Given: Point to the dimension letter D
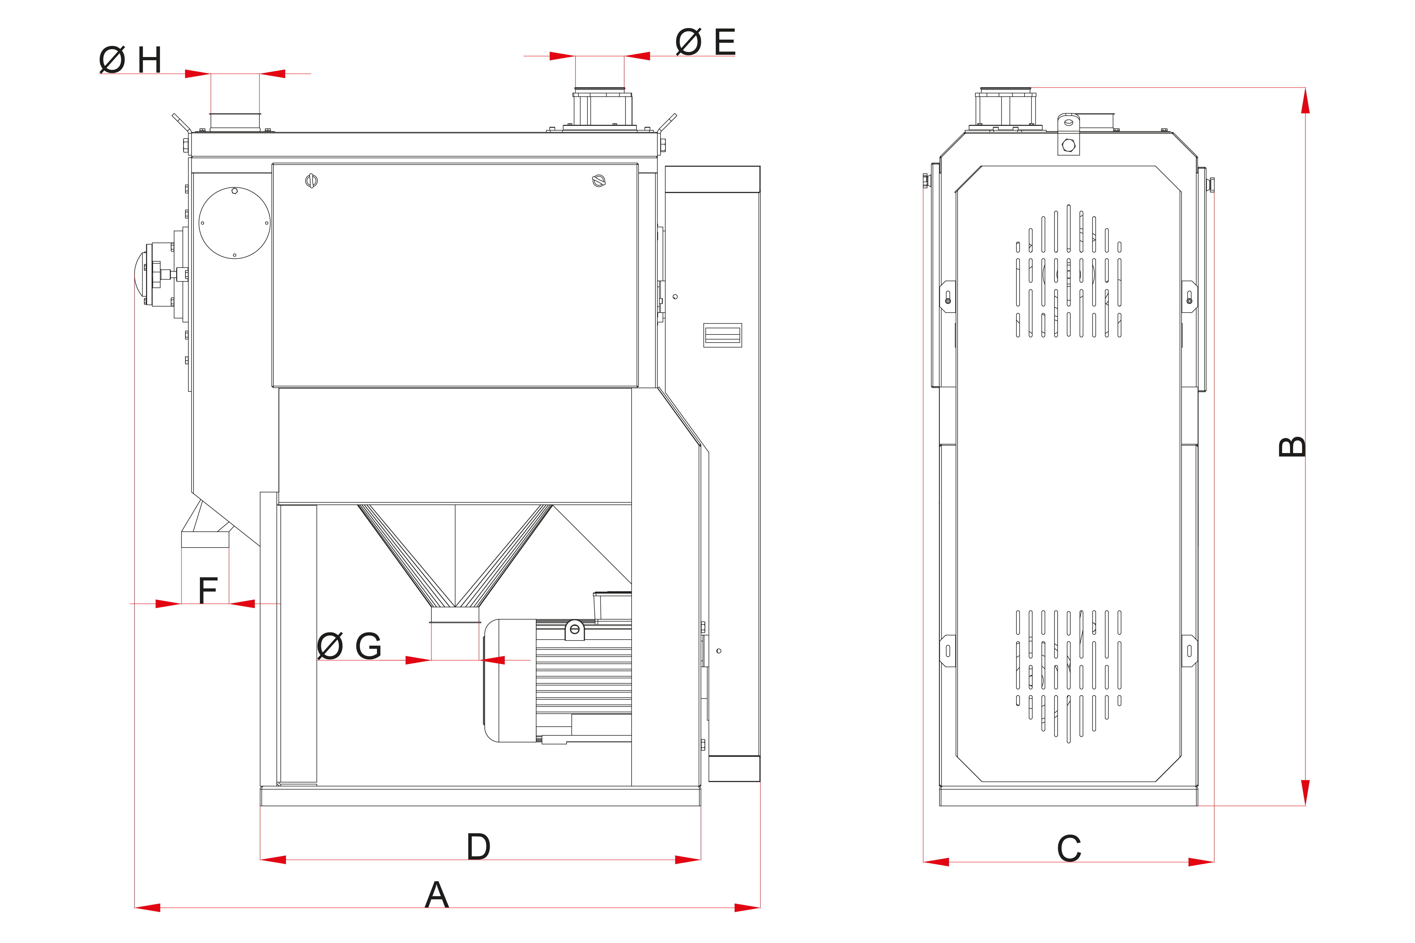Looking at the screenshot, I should click(478, 847).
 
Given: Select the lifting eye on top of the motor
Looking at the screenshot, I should click(575, 630).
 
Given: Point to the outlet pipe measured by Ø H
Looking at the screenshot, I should click(235, 120).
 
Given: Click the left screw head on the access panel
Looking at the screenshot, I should click(311, 180).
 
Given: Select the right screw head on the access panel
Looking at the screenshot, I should click(599, 180).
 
